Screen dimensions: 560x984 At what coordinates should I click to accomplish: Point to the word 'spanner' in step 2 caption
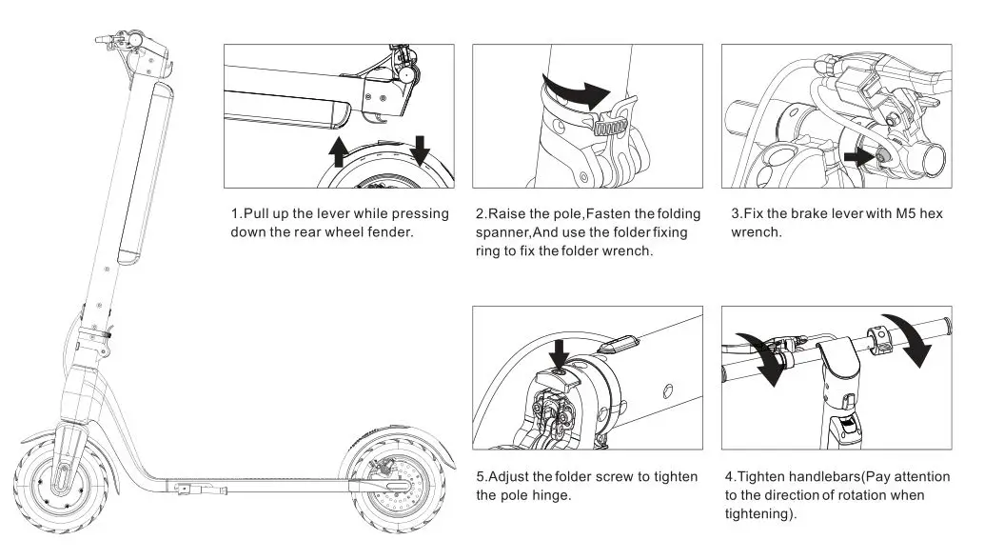[x=503, y=232]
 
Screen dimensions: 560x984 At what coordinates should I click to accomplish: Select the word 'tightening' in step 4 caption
[x=758, y=513]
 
